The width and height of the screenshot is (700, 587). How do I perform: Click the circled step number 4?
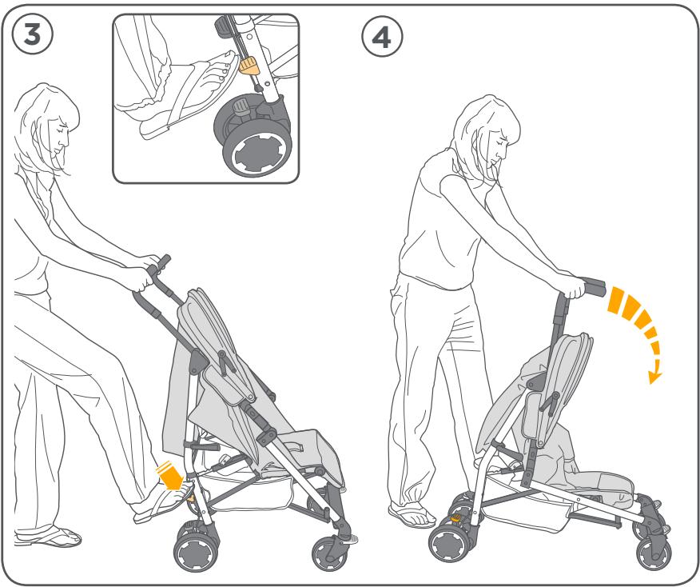pyautogui.click(x=383, y=38)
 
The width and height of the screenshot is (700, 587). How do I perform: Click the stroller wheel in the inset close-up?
pyautogui.click(x=257, y=148)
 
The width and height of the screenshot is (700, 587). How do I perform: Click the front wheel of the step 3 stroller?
pyautogui.click(x=329, y=552)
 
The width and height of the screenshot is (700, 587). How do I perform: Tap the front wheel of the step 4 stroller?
pyautogui.click(x=654, y=553)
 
